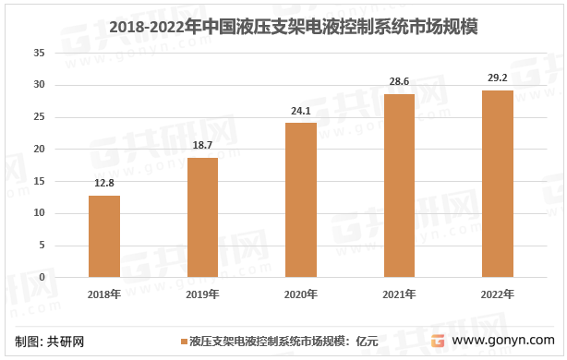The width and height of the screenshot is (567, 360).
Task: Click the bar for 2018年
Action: (104, 236)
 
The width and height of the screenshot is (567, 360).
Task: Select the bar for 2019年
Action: (202, 217)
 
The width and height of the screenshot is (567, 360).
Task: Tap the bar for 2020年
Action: (301, 199)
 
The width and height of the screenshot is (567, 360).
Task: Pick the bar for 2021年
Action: (399, 186)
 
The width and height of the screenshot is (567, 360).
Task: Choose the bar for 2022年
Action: (498, 184)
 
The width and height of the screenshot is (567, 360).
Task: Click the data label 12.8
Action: (104, 183)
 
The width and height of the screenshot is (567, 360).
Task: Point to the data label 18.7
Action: (202, 145)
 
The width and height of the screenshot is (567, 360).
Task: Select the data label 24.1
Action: (301, 110)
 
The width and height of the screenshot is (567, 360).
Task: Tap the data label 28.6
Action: (399, 81)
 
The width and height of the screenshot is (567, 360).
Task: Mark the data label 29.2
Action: (498, 78)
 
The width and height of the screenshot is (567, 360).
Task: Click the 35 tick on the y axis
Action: (39, 53)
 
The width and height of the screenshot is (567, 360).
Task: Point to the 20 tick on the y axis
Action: (39, 150)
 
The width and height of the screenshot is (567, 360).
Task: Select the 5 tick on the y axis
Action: (42, 246)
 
